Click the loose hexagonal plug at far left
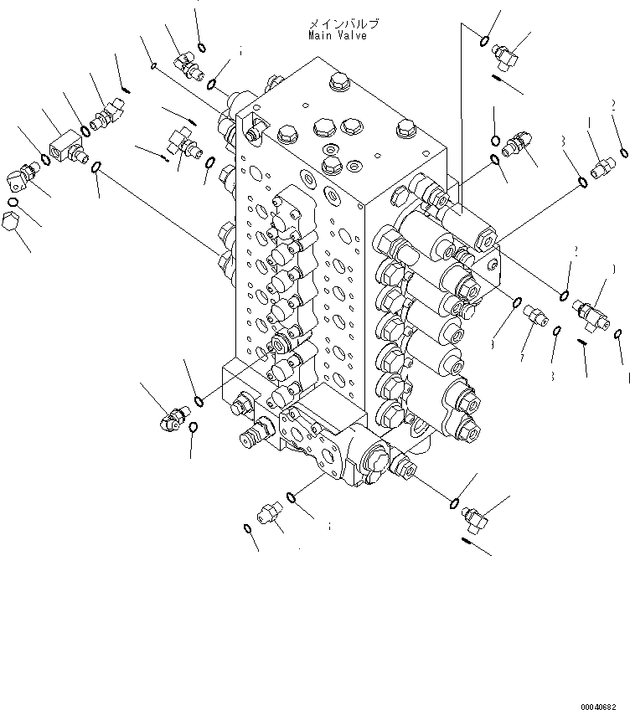click(x=13, y=224)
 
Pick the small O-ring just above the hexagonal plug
click(x=13, y=202)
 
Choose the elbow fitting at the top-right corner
click(x=509, y=53)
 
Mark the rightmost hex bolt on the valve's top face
click(x=406, y=129)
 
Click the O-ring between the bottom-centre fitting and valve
click(x=290, y=498)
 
